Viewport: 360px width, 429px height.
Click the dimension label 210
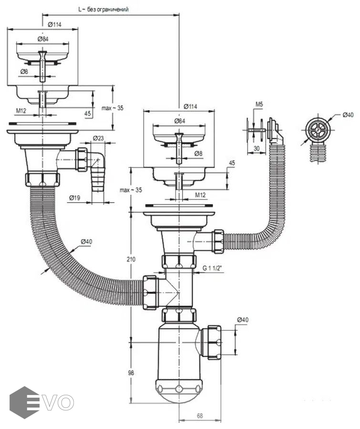(132, 259)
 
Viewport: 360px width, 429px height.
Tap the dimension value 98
(132, 372)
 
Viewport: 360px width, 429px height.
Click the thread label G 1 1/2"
(212, 268)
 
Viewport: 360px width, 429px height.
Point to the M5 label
(259, 104)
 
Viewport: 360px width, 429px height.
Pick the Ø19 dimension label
(73, 197)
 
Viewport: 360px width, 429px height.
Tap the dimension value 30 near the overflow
(257, 149)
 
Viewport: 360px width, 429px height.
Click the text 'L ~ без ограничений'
(103, 10)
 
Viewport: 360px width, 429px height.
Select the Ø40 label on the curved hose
(86, 242)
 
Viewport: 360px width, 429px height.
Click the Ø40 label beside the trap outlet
(242, 319)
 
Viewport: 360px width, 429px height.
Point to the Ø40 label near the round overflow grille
(348, 115)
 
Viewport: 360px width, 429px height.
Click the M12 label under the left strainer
(21, 111)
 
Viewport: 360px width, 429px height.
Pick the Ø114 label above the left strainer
(55, 24)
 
